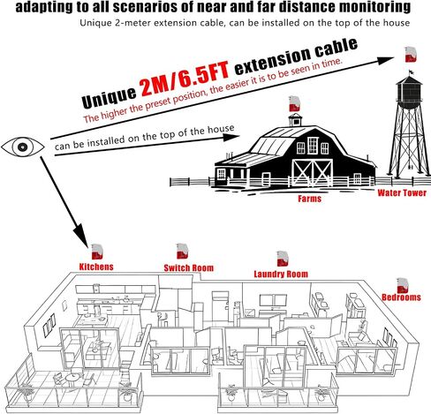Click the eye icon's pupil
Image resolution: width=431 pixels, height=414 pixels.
23,147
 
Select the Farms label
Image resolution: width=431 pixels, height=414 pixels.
309,199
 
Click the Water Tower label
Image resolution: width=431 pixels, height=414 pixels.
402,192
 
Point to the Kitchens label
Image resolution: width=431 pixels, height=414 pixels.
96,267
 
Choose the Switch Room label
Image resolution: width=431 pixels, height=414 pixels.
189,267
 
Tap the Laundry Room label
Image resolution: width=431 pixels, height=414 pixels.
281,274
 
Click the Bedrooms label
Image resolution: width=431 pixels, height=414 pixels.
401,297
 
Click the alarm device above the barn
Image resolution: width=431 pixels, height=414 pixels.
294,103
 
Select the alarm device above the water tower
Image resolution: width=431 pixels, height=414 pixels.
411,55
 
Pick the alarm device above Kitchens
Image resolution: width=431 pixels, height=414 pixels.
97,252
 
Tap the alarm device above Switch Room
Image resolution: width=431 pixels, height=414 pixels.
182,251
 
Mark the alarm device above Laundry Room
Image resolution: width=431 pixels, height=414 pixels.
283,259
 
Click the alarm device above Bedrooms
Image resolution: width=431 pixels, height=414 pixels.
403,285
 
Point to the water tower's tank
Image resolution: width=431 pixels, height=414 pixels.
409,93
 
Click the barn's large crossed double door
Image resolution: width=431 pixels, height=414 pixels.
312,173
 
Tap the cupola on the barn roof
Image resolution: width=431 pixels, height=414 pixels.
295,120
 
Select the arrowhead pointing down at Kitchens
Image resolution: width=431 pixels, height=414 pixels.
80,235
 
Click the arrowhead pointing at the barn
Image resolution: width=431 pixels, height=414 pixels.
231,137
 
